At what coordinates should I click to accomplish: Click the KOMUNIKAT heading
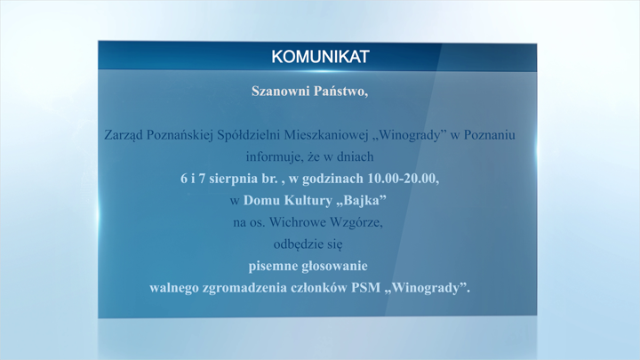click(320, 57)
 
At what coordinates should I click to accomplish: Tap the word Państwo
click(340, 91)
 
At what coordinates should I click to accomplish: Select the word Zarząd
click(124, 135)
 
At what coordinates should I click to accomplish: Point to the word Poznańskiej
click(180, 135)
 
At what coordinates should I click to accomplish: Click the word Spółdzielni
click(249, 135)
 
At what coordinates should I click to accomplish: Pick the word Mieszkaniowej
click(326, 135)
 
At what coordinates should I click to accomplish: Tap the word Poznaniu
click(490, 135)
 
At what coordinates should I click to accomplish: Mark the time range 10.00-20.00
click(404, 179)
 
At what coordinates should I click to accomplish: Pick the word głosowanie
click(336, 267)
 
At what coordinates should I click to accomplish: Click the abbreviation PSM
click(365, 288)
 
